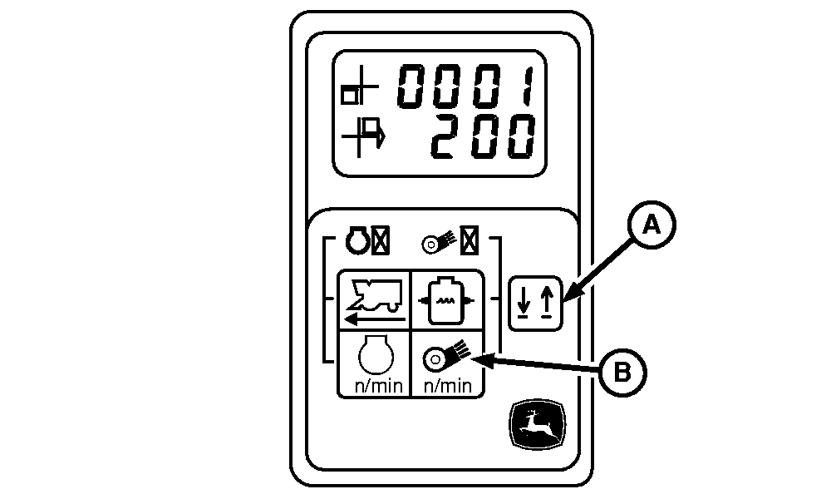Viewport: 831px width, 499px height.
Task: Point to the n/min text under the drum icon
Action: pos(448,386)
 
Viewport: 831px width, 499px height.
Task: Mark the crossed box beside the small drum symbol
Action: pos(470,241)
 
